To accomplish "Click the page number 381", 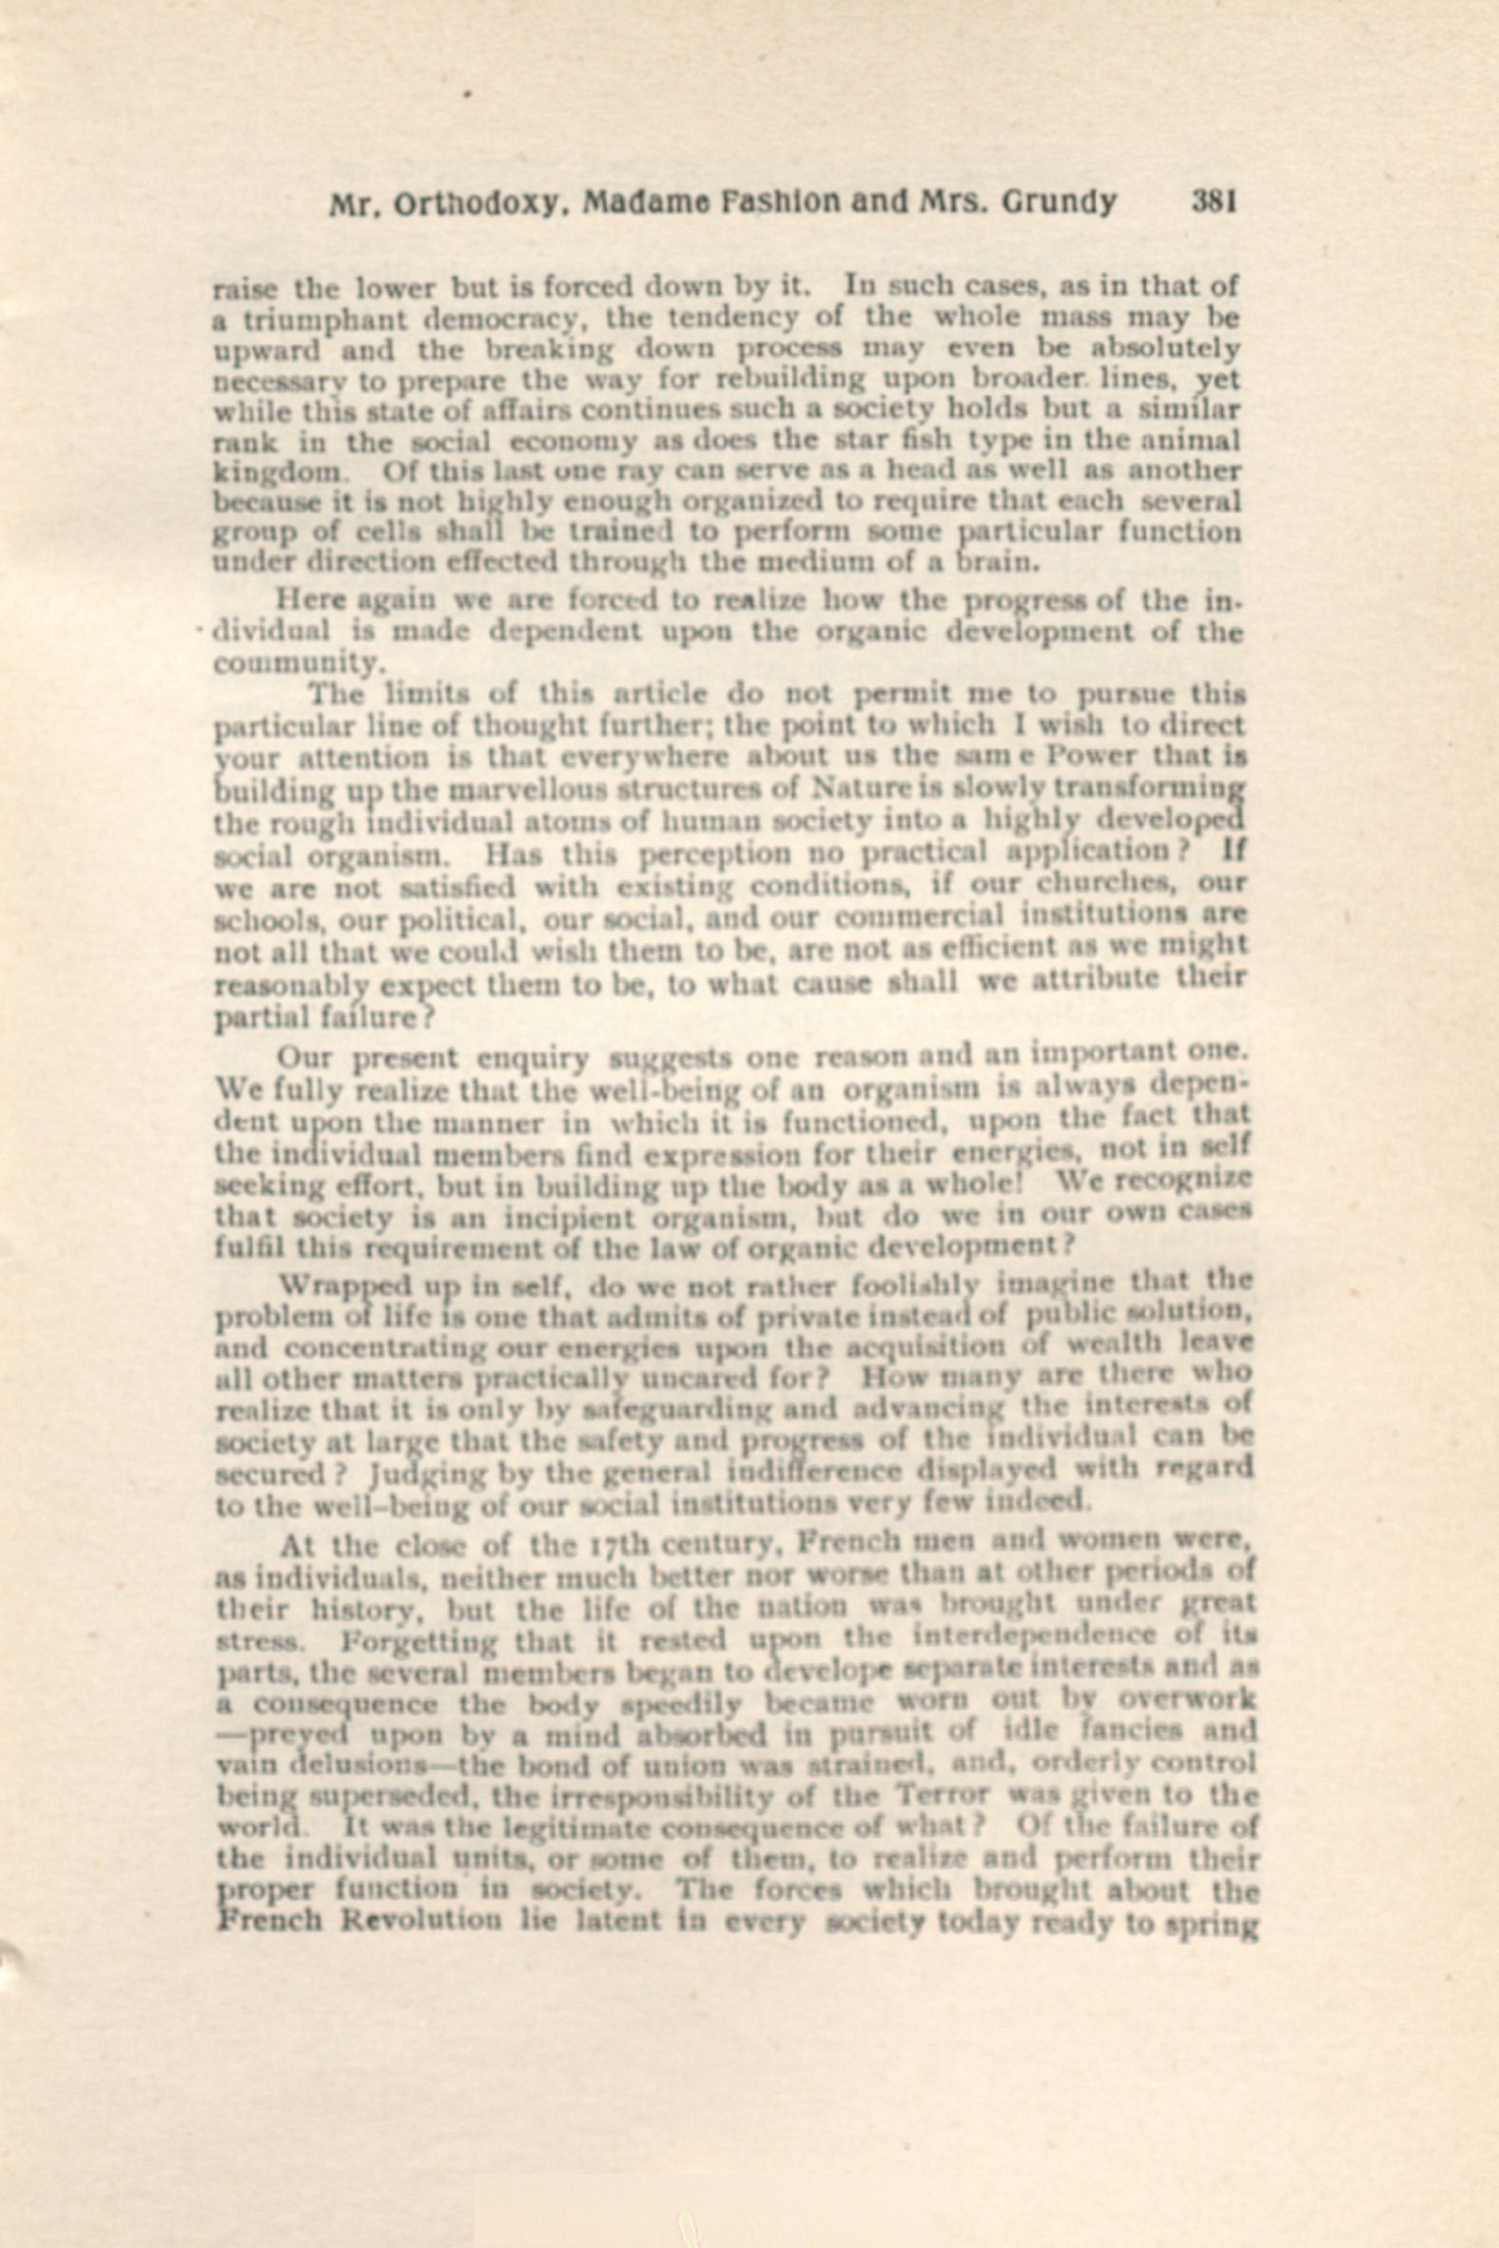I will click(x=1214, y=202).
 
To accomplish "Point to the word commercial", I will click(x=920, y=916).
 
